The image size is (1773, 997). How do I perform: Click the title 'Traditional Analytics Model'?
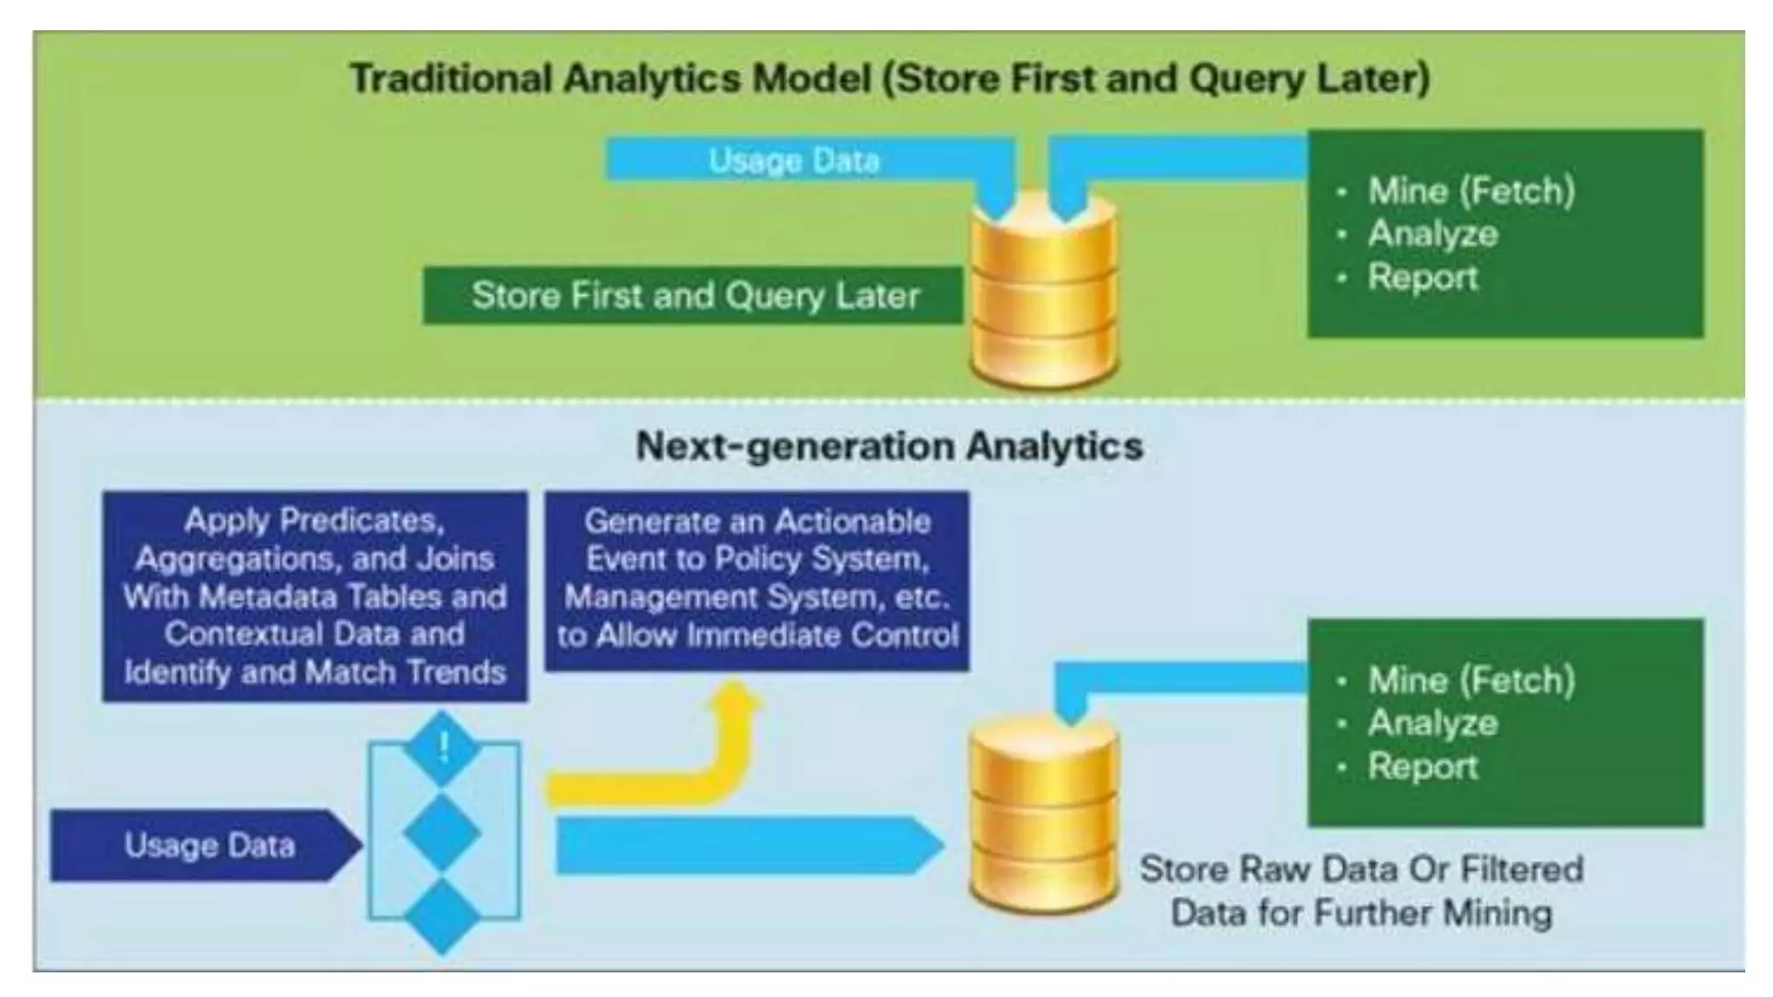point(609,79)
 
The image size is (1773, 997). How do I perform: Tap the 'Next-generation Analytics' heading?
point(889,447)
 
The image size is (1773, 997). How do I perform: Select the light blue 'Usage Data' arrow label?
point(793,161)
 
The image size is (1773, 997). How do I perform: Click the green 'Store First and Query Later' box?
point(694,296)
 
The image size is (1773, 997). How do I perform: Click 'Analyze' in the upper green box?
point(1433,234)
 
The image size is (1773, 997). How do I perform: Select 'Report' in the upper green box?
point(1422,278)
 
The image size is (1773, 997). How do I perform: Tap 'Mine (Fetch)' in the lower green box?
point(1471,680)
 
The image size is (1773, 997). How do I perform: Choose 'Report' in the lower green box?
point(1422,767)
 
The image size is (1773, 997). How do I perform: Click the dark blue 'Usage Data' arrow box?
point(208,846)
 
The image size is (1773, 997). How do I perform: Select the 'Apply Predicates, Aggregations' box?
point(314,596)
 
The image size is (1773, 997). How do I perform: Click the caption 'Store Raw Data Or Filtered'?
point(1361,869)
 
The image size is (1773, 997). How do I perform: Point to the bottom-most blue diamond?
point(442,916)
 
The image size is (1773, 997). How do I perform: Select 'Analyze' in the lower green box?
point(1433,724)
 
